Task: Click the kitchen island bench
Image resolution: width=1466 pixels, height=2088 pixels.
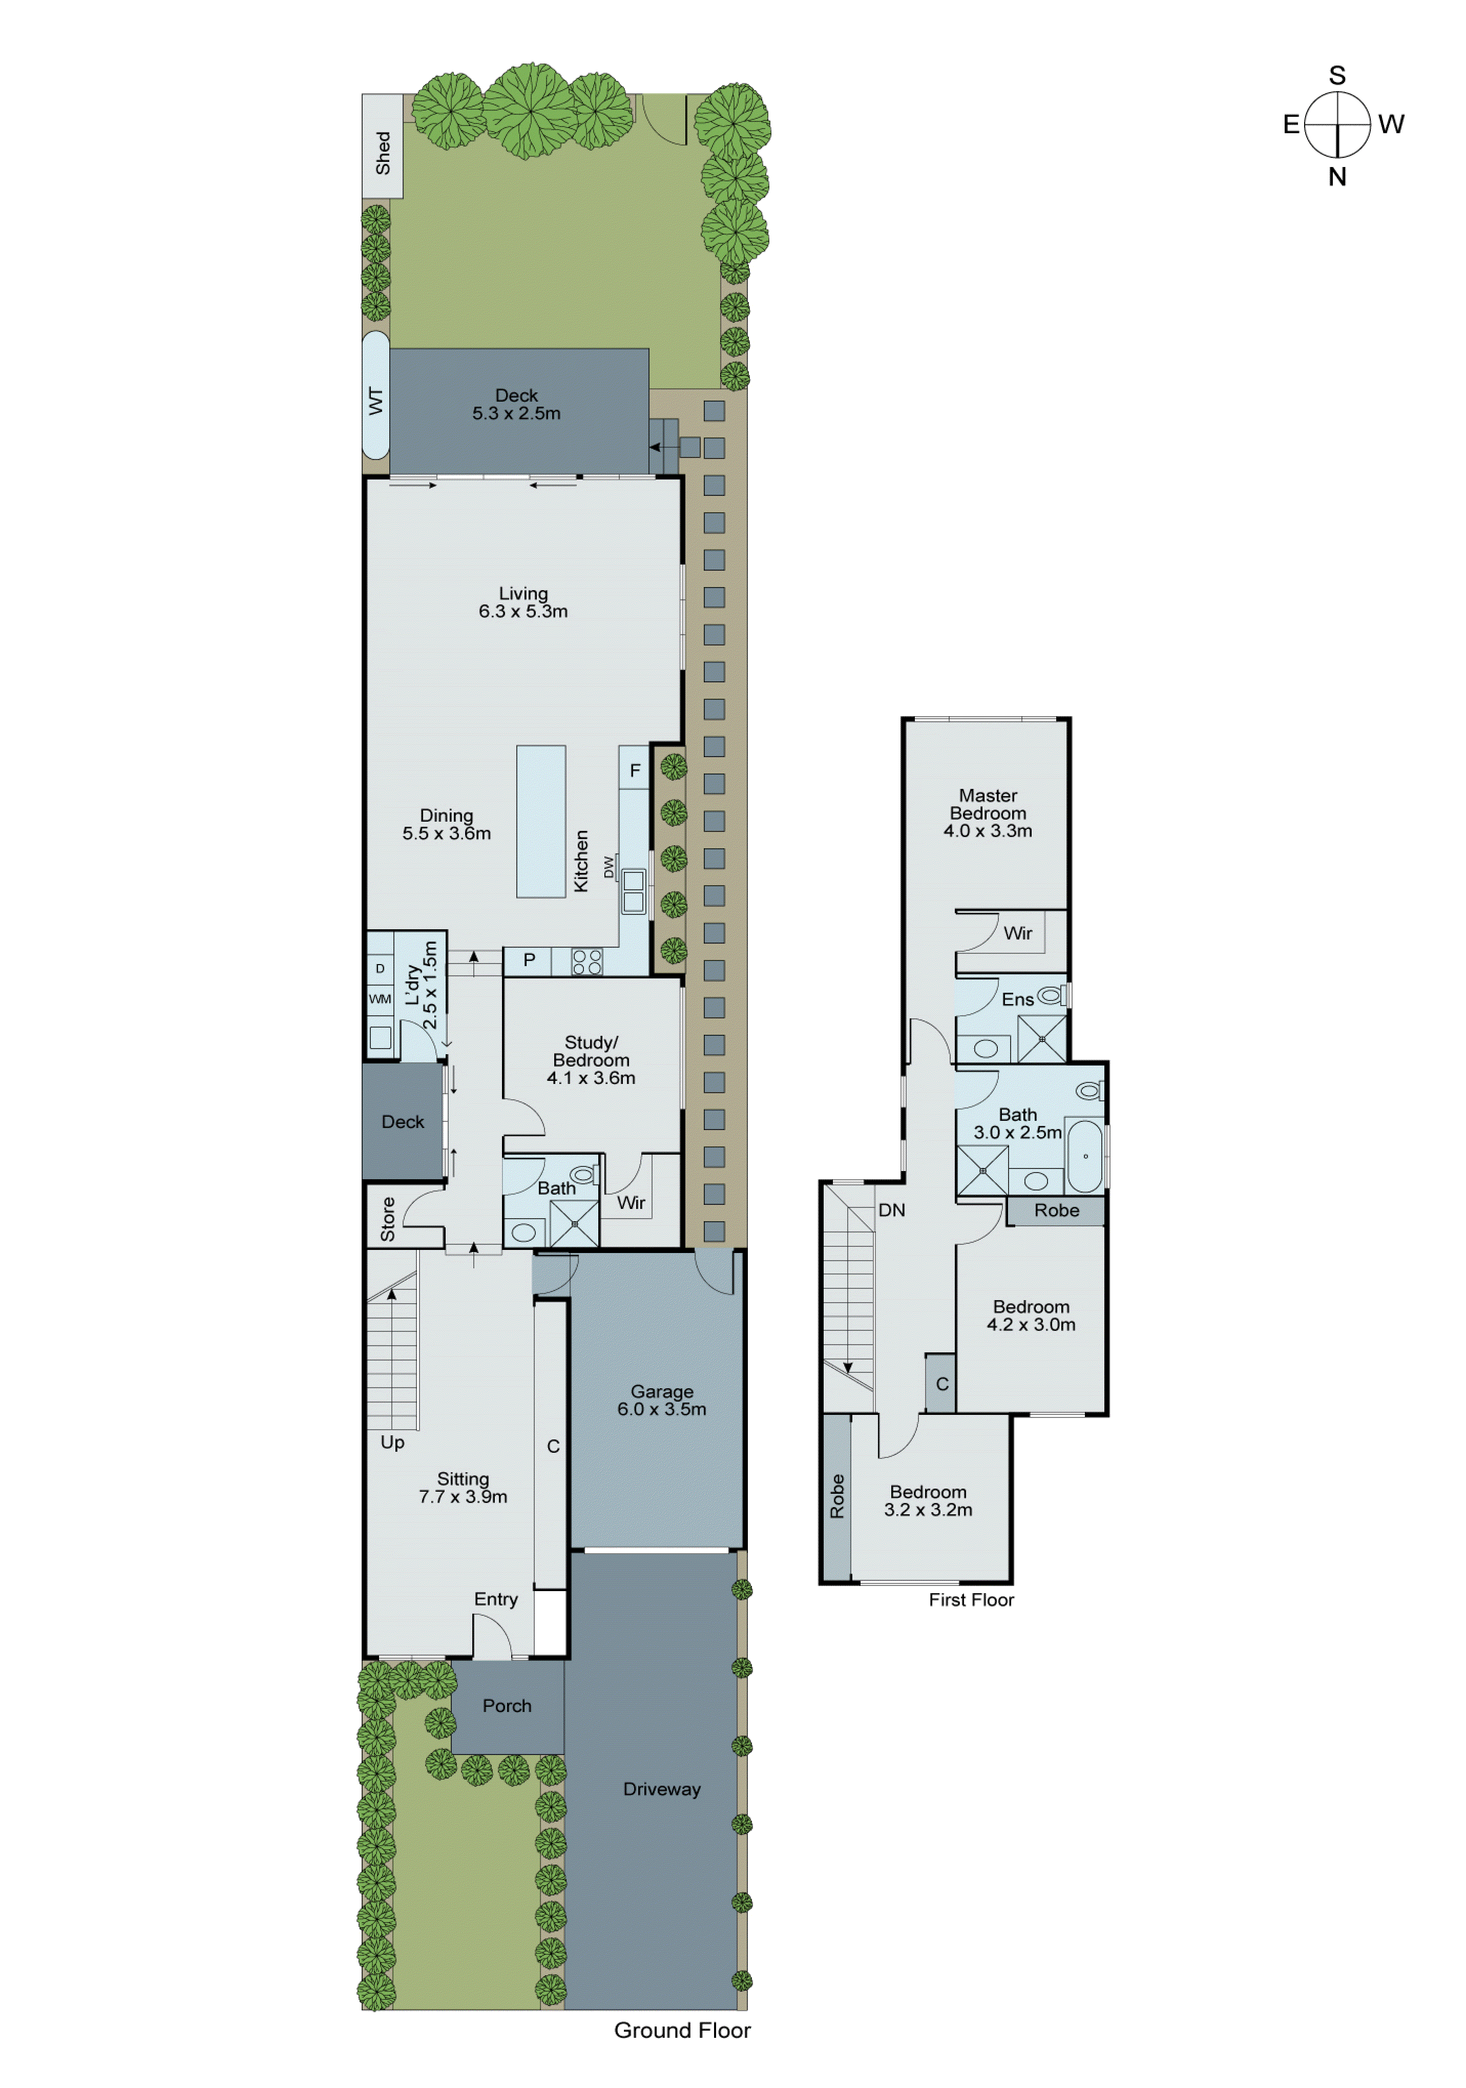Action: tap(540, 821)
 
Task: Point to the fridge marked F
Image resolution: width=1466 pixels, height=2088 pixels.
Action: tap(634, 769)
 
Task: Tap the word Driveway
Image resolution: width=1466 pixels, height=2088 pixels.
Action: tap(661, 1789)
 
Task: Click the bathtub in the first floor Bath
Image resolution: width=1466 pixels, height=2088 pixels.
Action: tap(1084, 1155)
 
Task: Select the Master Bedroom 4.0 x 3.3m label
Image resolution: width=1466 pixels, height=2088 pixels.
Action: tap(987, 812)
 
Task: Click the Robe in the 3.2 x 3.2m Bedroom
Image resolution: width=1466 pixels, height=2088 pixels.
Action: tap(836, 1496)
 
